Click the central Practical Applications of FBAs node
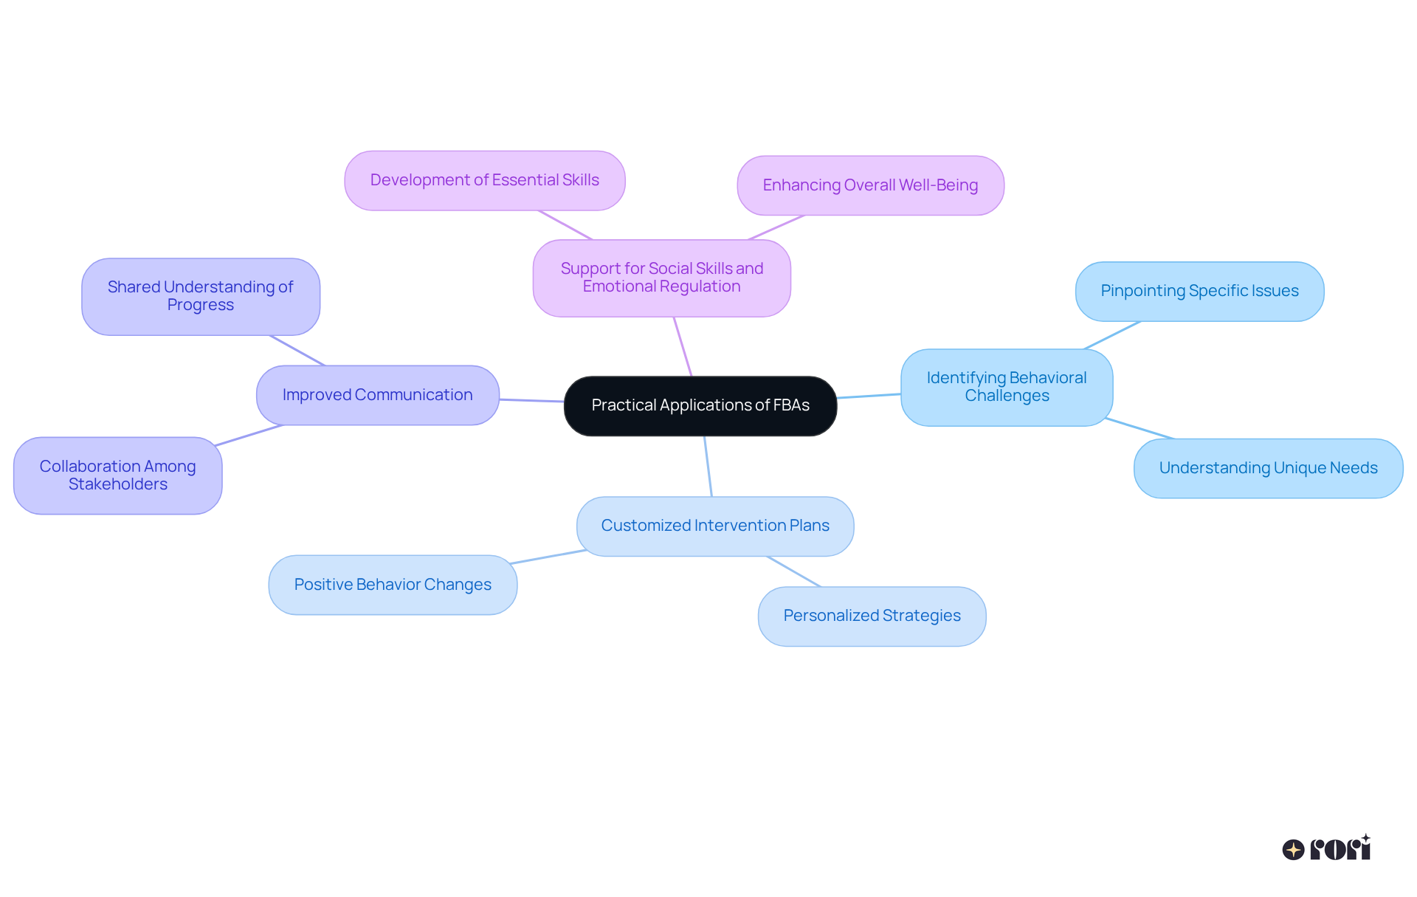click(x=700, y=405)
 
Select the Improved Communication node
click(x=377, y=395)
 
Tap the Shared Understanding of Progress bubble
click(x=200, y=296)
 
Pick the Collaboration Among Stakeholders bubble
click(x=117, y=475)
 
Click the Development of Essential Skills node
click(x=484, y=180)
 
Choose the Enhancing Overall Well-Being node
click(x=870, y=185)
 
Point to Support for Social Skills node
click(x=661, y=278)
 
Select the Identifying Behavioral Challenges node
click(x=1006, y=387)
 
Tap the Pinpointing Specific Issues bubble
click(x=1199, y=291)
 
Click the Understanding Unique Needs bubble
click(x=1268, y=468)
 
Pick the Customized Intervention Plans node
click(x=714, y=526)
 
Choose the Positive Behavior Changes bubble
click(x=393, y=585)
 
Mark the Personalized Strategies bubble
click(x=872, y=616)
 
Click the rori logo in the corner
click(x=1327, y=848)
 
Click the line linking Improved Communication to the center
click(x=531, y=400)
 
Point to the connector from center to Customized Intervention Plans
click(x=708, y=467)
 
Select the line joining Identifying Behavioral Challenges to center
click(x=869, y=396)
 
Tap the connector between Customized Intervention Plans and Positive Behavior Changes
click(x=548, y=557)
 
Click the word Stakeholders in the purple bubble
click(x=118, y=484)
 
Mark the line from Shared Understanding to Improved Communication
click(x=297, y=351)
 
